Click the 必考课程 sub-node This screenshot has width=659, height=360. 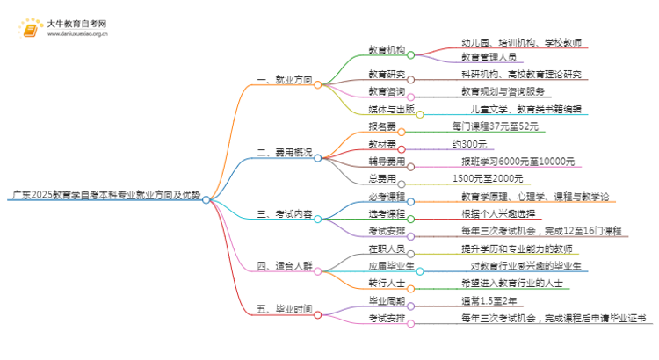click(387, 196)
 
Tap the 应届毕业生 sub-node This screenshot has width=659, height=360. click(391, 265)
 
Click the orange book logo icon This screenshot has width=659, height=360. click(29, 26)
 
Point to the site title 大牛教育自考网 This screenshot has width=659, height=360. click(77, 21)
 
